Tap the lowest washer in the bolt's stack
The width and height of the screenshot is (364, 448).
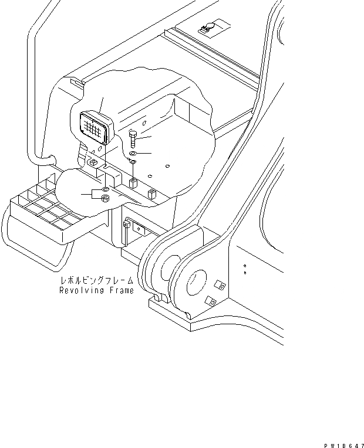[x=133, y=162]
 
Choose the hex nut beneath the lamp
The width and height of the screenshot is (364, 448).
[x=105, y=199]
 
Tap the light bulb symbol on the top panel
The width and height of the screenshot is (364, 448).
[x=208, y=25]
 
